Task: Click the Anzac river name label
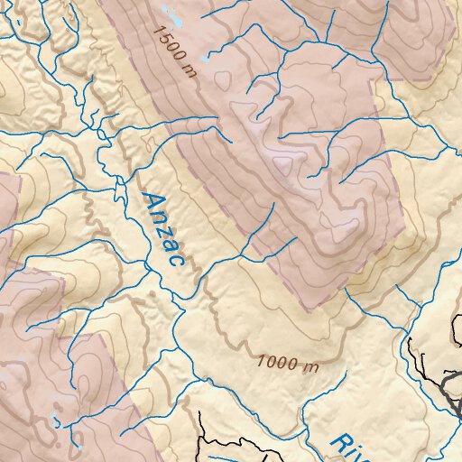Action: click(163, 232)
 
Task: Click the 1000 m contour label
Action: click(288, 364)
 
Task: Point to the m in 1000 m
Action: click(312, 366)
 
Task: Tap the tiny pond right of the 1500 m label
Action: click(209, 57)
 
